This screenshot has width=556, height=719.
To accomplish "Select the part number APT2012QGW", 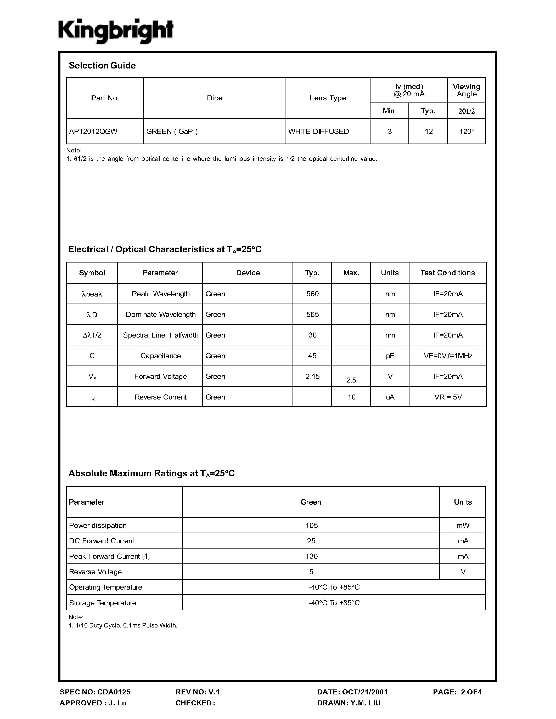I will (93, 131).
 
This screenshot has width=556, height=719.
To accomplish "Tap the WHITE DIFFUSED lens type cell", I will (318, 131).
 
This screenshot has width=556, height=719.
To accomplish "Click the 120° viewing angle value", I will (467, 131).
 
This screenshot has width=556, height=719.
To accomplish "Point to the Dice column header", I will (215, 98).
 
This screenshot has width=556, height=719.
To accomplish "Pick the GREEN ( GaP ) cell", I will (172, 131).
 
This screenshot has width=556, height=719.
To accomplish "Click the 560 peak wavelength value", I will (312, 294).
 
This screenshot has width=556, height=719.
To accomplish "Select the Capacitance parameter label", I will (160, 356).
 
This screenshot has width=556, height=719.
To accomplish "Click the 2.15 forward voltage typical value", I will (312, 376).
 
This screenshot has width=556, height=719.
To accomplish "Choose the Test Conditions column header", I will (447, 273).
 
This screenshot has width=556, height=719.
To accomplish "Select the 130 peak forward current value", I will (311, 556).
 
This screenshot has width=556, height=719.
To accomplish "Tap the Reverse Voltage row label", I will (96, 572).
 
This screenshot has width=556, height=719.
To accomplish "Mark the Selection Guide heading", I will (102, 66).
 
